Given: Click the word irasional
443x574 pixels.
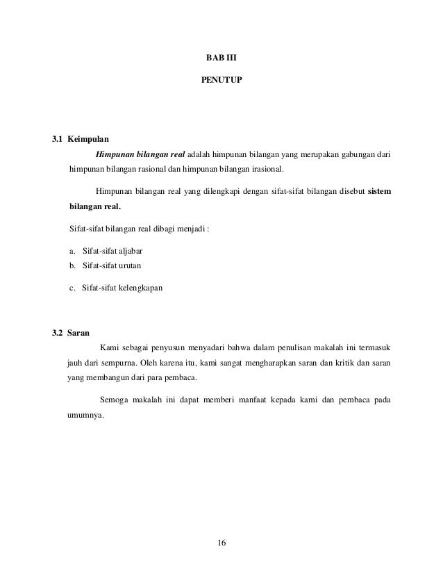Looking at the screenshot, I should click(265, 169).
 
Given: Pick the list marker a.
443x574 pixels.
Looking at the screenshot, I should click(73, 250).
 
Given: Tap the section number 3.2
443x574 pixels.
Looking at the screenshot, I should click(58, 331).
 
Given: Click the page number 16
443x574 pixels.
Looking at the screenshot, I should click(222, 542).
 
